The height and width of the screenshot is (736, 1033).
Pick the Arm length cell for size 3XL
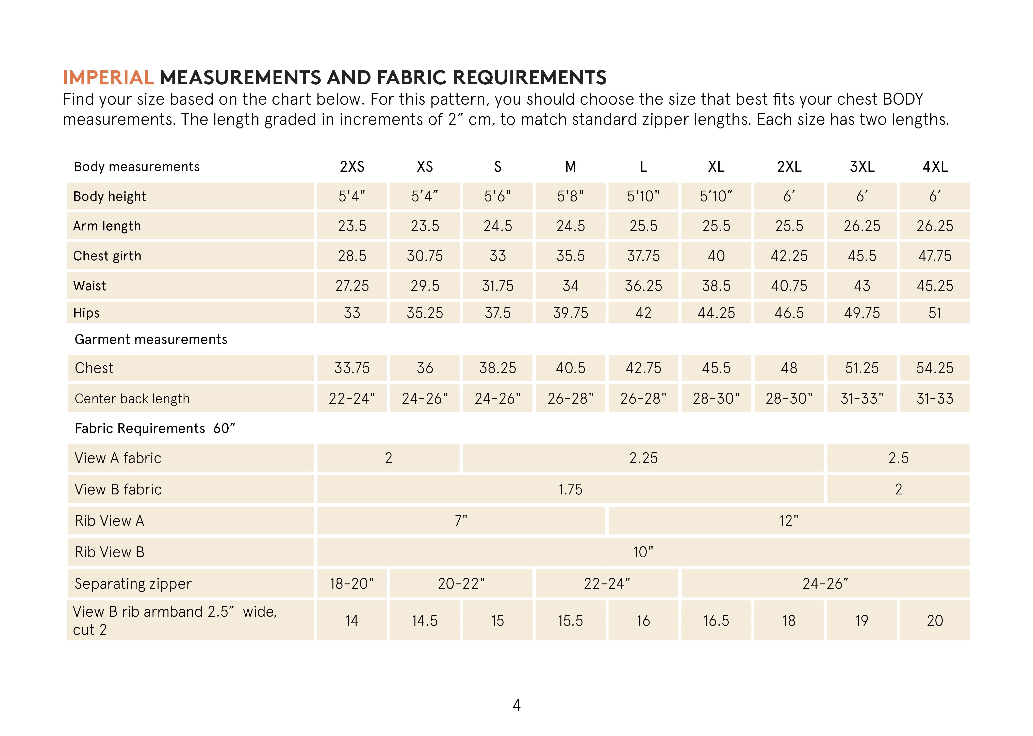(x=862, y=226)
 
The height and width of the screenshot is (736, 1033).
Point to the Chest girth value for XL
(x=716, y=256)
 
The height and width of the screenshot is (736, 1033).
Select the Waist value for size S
(x=497, y=285)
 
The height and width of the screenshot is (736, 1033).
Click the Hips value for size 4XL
(x=935, y=313)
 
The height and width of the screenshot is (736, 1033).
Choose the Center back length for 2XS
(x=352, y=398)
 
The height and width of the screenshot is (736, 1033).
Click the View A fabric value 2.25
(x=643, y=458)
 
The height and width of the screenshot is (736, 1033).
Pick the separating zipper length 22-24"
(x=607, y=583)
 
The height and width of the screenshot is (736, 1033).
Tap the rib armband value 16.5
(x=716, y=620)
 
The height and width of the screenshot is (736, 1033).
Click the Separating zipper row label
(x=133, y=583)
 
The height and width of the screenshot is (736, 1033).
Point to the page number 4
(x=516, y=705)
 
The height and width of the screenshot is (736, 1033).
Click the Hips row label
(x=86, y=313)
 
